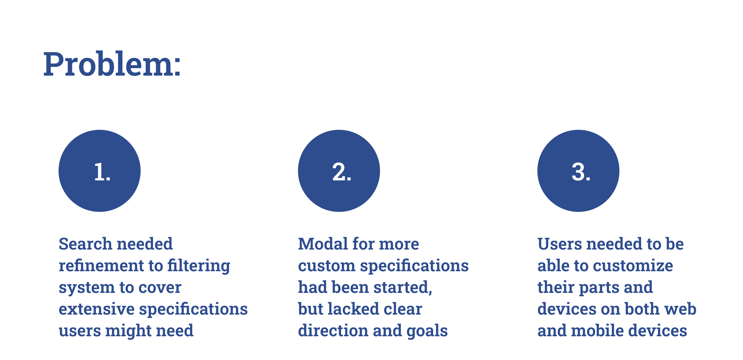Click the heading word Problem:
click(x=112, y=64)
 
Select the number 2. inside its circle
click(x=342, y=172)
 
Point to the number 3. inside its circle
click(x=581, y=172)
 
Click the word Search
click(x=85, y=244)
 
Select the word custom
click(x=327, y=266)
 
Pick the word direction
click(x=333, y=331)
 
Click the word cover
click(x=163, y=287)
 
